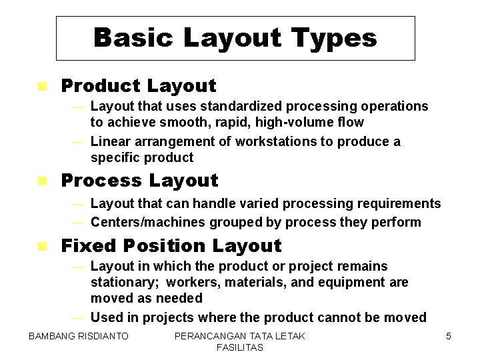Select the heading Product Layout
tap(139, 86)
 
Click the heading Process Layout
tap(139, 181)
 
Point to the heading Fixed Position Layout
tap(171, 246)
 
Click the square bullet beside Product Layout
tap(42, 86)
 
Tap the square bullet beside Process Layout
tap(42, 181)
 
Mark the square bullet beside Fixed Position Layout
tap(42, 246)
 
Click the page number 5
tap(448, 336)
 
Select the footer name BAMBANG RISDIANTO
tap(78, 336)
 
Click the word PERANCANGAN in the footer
tap(209, 336)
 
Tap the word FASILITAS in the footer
tap(239, 347)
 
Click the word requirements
tap(397, 203)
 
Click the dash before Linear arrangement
tap(78, 142)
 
